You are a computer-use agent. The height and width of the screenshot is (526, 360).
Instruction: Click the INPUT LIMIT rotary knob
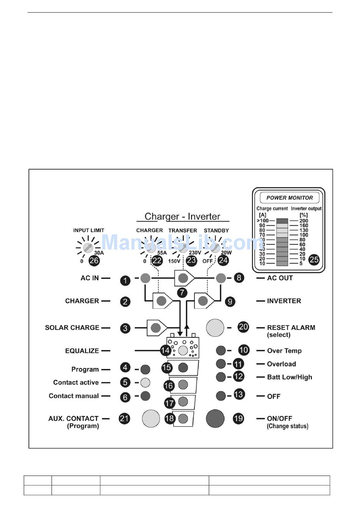click(x=88, y=248)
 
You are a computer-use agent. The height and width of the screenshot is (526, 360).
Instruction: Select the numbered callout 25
click(x=314, y=260)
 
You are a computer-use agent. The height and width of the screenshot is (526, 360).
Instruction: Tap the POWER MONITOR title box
click(x=290, y=198)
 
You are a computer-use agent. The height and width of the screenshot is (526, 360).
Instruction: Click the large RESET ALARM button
click(x=215, y=327)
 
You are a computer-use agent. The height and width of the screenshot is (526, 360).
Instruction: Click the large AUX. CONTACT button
click(x=151, y=418)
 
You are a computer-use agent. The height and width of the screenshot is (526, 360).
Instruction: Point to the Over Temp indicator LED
click(x=221, y=350)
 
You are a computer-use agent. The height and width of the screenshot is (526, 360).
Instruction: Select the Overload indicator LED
click(x=221, y=364)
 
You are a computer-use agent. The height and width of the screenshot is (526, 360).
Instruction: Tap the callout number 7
click(x=182, y=293)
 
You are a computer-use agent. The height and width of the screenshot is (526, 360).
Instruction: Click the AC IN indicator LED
click(x=146, y=278)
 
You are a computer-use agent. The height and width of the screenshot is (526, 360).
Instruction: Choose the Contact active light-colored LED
click(x=145, y=382)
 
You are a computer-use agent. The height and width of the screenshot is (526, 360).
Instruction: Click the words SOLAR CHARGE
click(x=72, y=328)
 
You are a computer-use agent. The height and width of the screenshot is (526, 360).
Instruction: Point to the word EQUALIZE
click(x=82, y=351)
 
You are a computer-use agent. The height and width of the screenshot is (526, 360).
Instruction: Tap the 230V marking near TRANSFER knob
click(x=195, y=253)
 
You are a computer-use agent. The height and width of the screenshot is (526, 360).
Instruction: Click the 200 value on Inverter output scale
click(x=304, y=220)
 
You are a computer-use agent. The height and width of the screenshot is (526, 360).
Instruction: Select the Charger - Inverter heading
click(x=182, y=217)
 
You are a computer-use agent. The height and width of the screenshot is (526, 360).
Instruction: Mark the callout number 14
click(x=165, y=350)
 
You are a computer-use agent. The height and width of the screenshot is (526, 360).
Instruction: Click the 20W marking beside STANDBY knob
click(x=226, y=253)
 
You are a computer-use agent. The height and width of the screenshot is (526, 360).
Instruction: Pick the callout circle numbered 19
click(x=238, y=418)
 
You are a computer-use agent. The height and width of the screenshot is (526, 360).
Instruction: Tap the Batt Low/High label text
click(x=290, y=377)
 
